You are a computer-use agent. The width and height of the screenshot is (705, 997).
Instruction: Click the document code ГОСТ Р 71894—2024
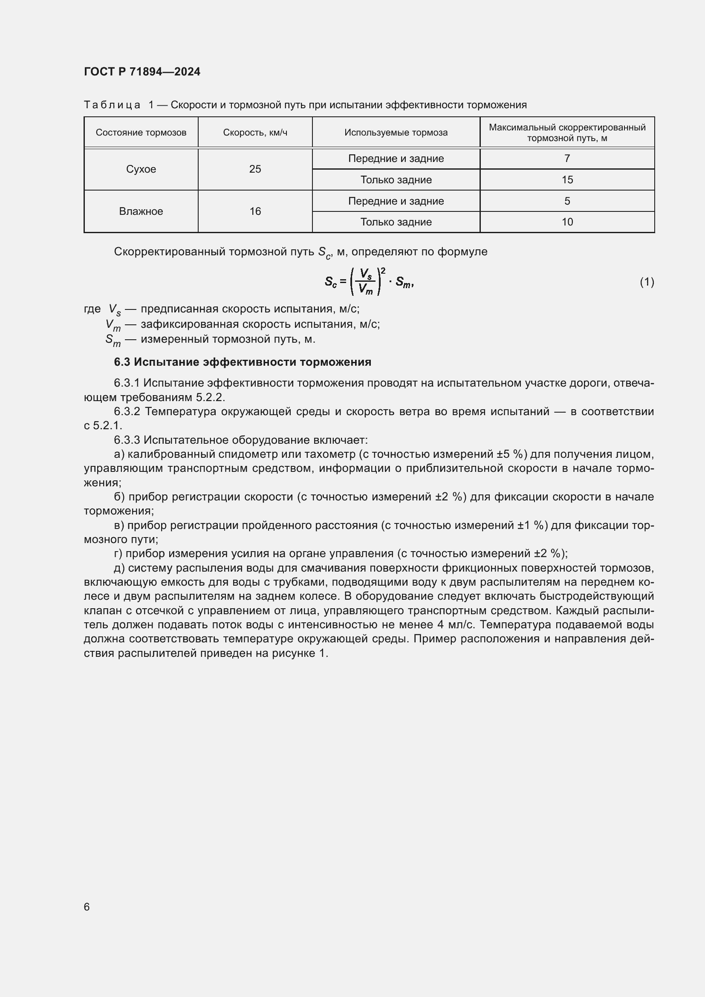click(x=142, y=72)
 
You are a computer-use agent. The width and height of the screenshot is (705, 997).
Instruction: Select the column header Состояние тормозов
click(x=141, y=133)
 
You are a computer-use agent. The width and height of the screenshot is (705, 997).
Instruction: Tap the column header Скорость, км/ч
click(x=255, y=133)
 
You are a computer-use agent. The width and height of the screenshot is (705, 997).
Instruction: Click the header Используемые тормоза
click(x=396, y=133)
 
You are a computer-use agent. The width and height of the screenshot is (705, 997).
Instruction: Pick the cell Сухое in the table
click(x=141, y=169)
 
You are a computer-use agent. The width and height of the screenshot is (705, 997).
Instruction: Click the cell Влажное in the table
click(x=141, y=211)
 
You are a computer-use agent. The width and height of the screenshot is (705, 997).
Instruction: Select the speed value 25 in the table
click(x=255, y=169)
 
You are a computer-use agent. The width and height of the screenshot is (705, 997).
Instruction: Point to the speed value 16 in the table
click(x=255, y=211)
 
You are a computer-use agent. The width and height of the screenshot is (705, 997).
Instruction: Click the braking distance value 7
click(x=566, y=159)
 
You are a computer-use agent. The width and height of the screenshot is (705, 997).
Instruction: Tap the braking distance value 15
click(x=566, y=180)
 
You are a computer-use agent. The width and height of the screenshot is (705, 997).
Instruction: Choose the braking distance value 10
click(x=566, y=223)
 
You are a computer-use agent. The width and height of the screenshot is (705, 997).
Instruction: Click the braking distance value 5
click(x=566, y=201)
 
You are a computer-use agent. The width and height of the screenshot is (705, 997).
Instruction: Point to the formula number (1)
click(x=647, y=282)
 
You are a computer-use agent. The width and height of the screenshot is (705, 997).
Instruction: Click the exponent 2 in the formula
click(x=383, y=271)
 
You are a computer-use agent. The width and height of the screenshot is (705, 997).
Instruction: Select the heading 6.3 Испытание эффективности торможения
click(x=242, y=362)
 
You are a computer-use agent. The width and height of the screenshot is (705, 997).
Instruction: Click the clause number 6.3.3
click(x=127, y=440)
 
